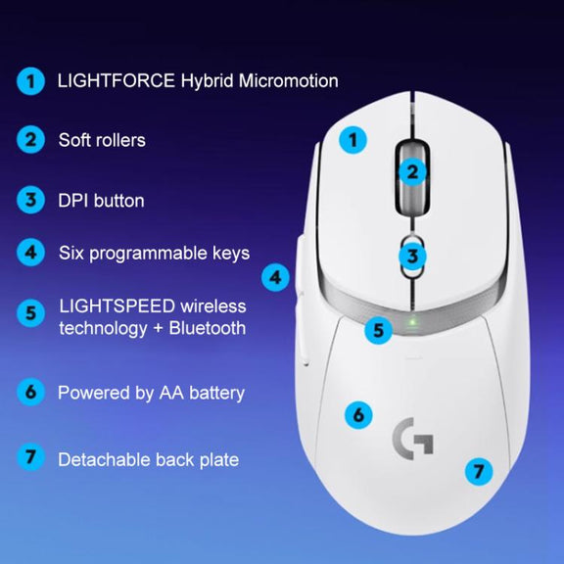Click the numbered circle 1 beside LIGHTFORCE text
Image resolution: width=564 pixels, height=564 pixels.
pos(30,81)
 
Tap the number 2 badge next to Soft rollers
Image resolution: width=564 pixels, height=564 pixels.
pos(30,140)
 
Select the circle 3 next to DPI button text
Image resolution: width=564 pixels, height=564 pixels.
pos(30,200)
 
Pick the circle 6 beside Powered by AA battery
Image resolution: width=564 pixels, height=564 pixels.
pos(30,392)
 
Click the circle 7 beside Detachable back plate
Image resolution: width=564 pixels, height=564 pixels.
pos(30,457)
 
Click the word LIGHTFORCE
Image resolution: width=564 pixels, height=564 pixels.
pos(117,80)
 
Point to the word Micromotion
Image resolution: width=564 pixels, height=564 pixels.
pos(289,80)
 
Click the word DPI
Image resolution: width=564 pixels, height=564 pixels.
pos(73,201)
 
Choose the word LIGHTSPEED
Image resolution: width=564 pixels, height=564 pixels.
pos(117,306)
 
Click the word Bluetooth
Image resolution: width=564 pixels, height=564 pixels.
pos(208,328)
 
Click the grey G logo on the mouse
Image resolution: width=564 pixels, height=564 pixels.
pos(413,439)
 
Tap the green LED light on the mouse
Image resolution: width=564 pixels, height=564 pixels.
pos(412,320)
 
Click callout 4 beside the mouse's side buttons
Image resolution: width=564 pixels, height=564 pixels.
pos(275,278)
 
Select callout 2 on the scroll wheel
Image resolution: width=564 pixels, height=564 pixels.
pos(412,172)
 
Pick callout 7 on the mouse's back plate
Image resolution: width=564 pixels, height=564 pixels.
pos(479,472)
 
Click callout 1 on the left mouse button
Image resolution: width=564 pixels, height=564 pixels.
pos(352,140)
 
